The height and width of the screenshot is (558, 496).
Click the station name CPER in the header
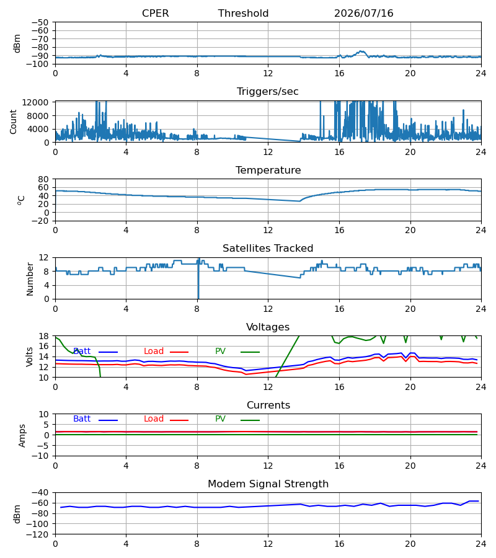[155, 13]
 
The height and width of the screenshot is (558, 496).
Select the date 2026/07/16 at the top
[363, 13]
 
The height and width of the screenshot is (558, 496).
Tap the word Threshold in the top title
[243, 13]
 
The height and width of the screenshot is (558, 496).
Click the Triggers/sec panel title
[268, 92]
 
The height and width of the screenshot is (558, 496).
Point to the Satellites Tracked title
[268, 248]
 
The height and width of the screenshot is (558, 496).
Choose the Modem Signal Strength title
[268, 484]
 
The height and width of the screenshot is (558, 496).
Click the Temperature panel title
[268, 170]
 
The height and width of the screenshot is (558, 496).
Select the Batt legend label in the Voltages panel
[82, 352]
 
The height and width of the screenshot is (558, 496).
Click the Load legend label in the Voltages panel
[153, 352]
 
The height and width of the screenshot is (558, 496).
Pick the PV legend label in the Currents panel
[220, 419]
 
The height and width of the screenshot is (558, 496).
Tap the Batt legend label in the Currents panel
[82, 419]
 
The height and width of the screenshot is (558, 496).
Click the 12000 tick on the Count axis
[35, 102]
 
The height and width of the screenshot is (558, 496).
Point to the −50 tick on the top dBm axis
[40, 22]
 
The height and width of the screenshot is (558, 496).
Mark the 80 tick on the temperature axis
[43, 179]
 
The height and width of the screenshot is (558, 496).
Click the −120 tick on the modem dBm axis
[38, 534]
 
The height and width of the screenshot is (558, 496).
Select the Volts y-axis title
[29, 357]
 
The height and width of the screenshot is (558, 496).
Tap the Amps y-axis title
[22, 435]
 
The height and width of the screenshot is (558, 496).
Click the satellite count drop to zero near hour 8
[198, 298]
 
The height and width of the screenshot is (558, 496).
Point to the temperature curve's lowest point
[299, 201]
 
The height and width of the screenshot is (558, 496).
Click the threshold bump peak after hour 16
[361, 51]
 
